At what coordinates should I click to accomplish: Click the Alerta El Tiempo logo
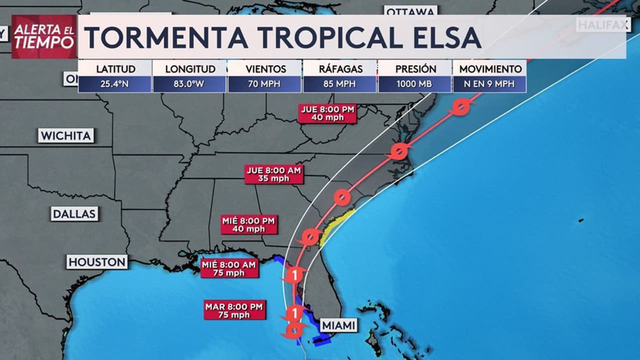coord(44,36)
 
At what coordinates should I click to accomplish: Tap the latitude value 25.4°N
coord(114,84)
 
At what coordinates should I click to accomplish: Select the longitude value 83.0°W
coord(189,84)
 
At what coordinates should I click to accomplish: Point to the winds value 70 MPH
coord(264,84)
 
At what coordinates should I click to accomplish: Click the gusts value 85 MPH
coord(339,84)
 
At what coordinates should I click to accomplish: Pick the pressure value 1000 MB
coord(414,84)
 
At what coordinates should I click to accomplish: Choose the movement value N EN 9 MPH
coord(489,84)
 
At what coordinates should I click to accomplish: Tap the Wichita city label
coord(66,135)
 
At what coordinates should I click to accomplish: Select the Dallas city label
coord(74,214)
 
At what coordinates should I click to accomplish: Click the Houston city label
coord(97,262)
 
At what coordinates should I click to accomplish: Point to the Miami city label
coord(339,325)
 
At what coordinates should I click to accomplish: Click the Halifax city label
coord(603,24)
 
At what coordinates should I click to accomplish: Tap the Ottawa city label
coord(410,11)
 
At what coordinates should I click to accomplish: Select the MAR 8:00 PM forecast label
coord(234,310)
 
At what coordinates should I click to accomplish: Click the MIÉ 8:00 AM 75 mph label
coord(230,268)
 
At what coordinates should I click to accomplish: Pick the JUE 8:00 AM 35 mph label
coord(274,174)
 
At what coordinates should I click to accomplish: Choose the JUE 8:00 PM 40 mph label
coord(327,113)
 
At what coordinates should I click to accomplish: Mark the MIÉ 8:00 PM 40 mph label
coord(249,224)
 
